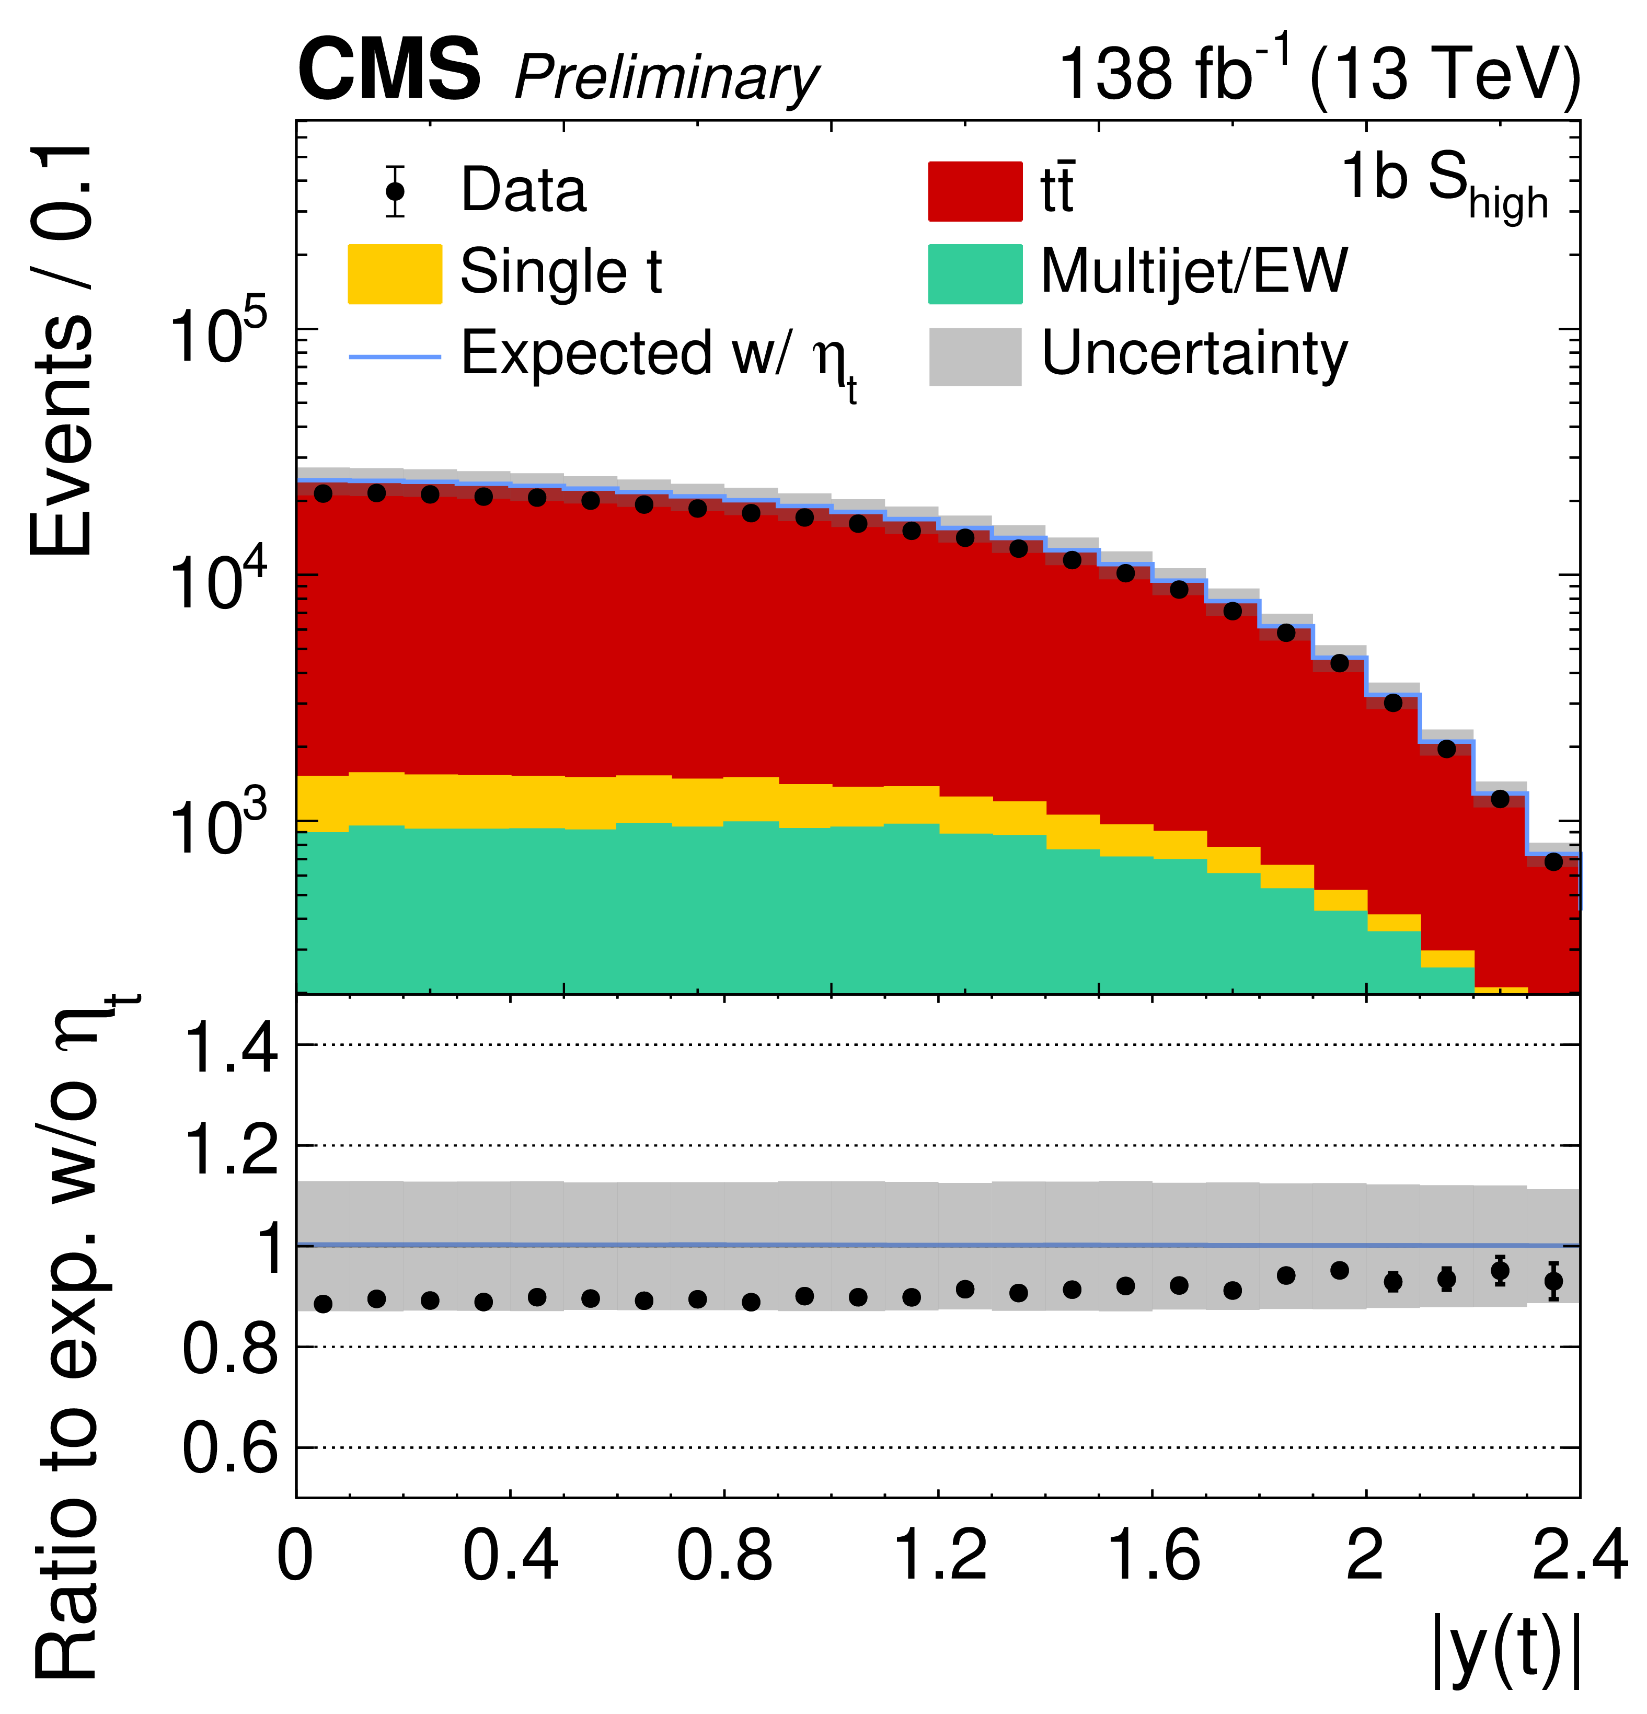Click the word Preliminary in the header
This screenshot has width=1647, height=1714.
click(666, 79)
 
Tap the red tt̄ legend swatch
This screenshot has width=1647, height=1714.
click(974, 191)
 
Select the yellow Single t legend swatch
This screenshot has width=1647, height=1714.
click(395, 274)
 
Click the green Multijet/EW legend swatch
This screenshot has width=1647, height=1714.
click(974, 274)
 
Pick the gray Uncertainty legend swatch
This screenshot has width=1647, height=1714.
click(974, 356)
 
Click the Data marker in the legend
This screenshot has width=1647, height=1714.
click(395, 191)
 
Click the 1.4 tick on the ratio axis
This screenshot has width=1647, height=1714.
click(231, 1047)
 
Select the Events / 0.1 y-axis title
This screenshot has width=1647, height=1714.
click(61, 350)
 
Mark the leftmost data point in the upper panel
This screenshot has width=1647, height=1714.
click(323, 493)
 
